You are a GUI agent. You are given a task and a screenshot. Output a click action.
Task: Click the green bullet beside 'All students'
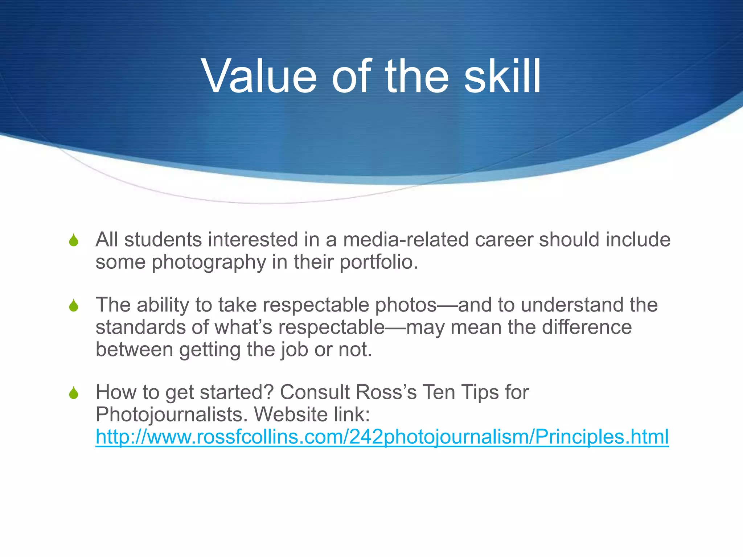74,240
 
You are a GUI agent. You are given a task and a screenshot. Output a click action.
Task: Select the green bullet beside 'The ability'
74,306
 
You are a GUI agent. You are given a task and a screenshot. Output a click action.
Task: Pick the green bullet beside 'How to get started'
74,393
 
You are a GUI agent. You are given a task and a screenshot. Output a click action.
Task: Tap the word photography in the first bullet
209,262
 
